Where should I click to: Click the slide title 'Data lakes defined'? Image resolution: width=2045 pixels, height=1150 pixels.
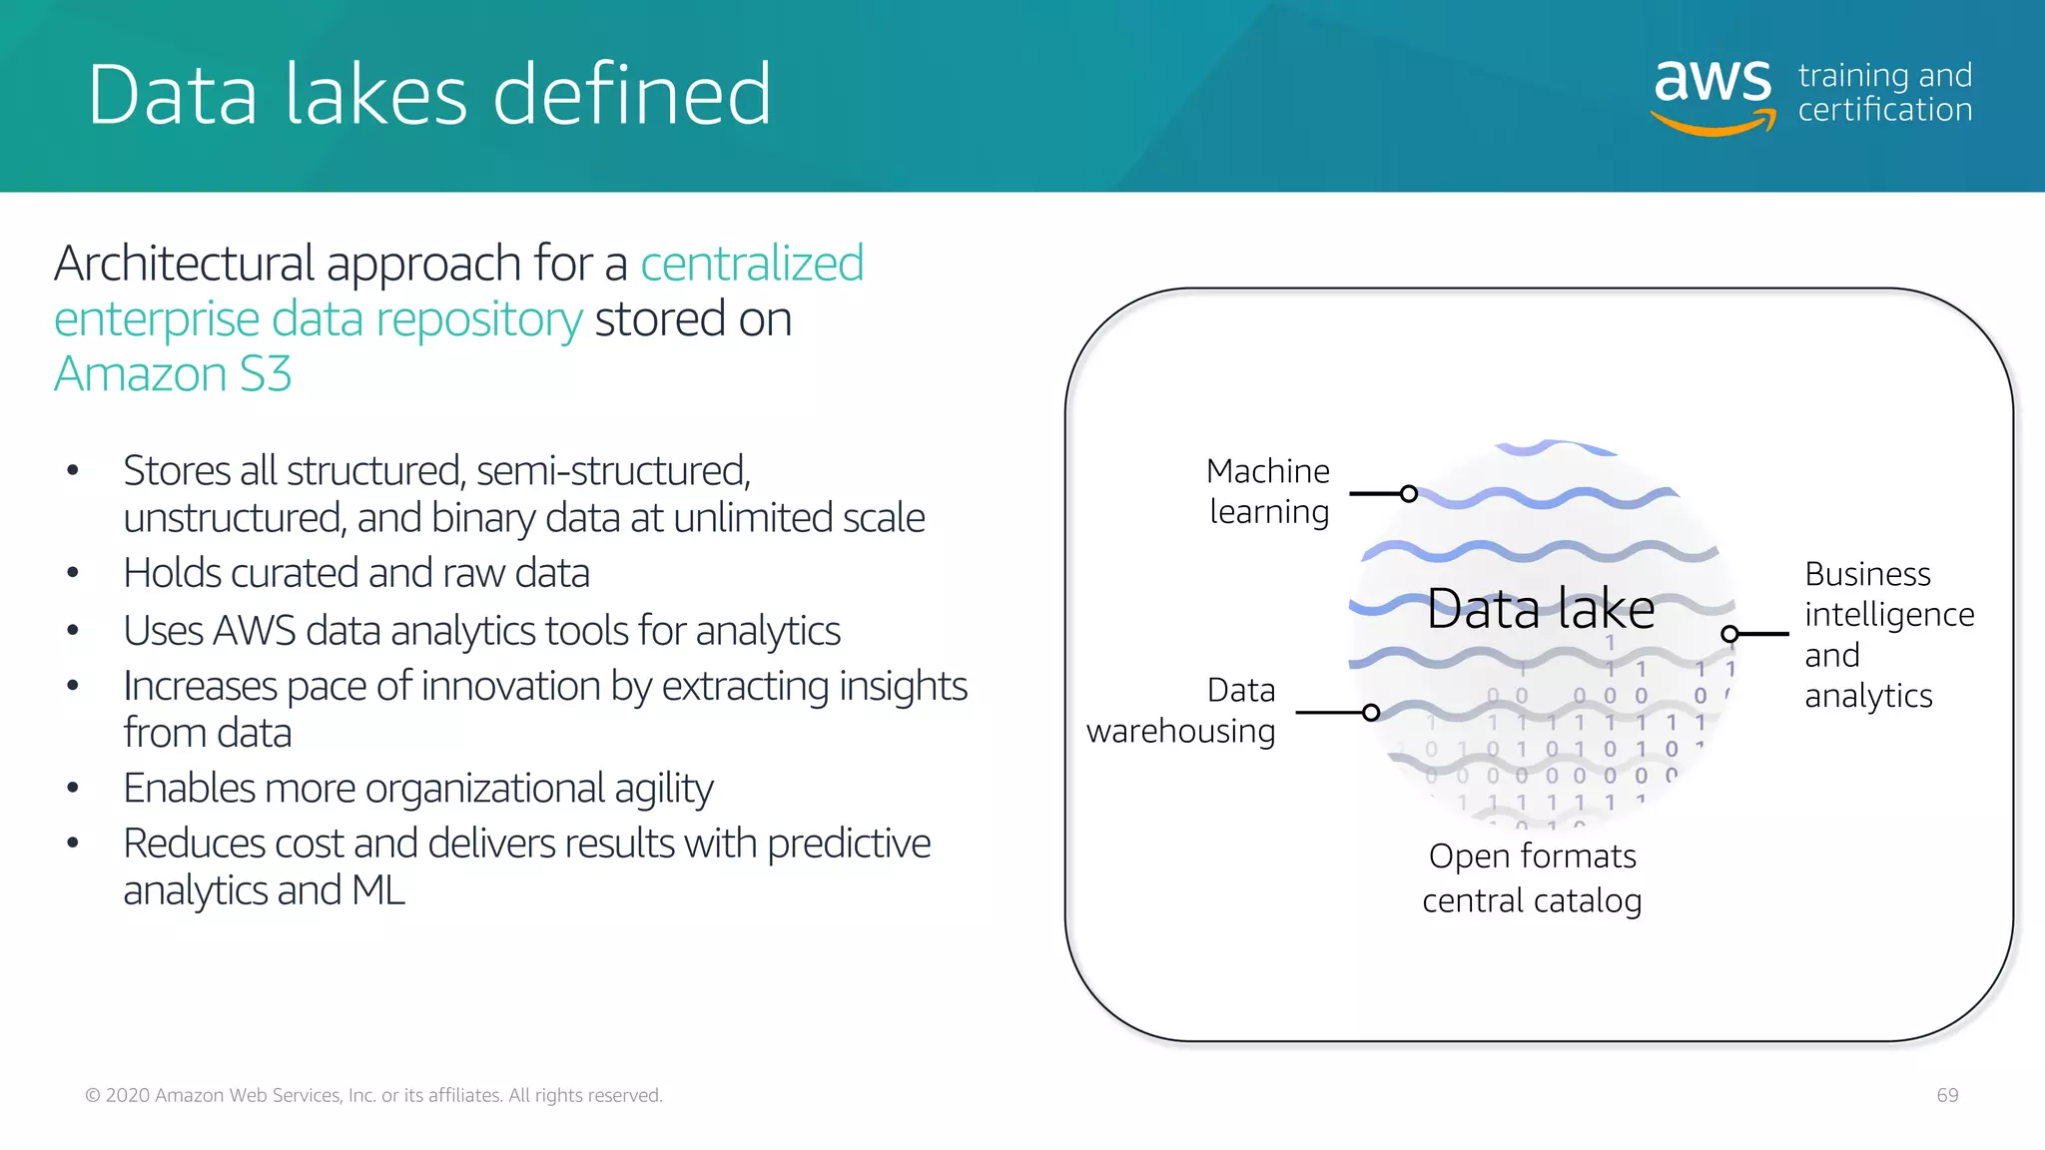coord(429,94)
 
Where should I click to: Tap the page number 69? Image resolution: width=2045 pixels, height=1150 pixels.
coord(1947,1095)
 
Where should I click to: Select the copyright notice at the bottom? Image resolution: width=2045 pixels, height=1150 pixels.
coord(373,1095)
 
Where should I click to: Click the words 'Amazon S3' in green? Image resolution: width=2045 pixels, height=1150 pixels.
coord(173,374)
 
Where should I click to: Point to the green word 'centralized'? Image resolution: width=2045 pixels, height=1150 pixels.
coord(751,264)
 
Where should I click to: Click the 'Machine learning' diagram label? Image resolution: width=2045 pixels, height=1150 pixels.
coord(1268,491)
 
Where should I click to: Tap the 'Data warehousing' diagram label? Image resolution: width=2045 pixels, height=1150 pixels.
coord(1181,711)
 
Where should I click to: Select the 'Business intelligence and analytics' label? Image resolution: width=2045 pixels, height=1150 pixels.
coord(1888,635)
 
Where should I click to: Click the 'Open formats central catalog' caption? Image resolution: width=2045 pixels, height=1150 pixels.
coord(1532,878)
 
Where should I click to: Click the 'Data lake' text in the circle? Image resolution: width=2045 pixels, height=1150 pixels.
coord(1540,609)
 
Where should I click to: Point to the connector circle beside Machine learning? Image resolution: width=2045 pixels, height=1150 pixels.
coord(1409,494)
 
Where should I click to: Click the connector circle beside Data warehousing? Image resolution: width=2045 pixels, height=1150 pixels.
coord(1371,713)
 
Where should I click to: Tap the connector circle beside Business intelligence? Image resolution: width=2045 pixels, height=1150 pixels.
coord(1730,634)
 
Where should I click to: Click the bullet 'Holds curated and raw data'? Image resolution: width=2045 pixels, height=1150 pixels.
coord(355,574)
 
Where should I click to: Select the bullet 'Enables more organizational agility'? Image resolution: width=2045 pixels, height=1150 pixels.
coord(417,789)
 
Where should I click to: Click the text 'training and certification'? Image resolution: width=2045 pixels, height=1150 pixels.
coord(1884,93)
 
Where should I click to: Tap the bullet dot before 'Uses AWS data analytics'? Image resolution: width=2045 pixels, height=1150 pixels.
coord(73,631)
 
